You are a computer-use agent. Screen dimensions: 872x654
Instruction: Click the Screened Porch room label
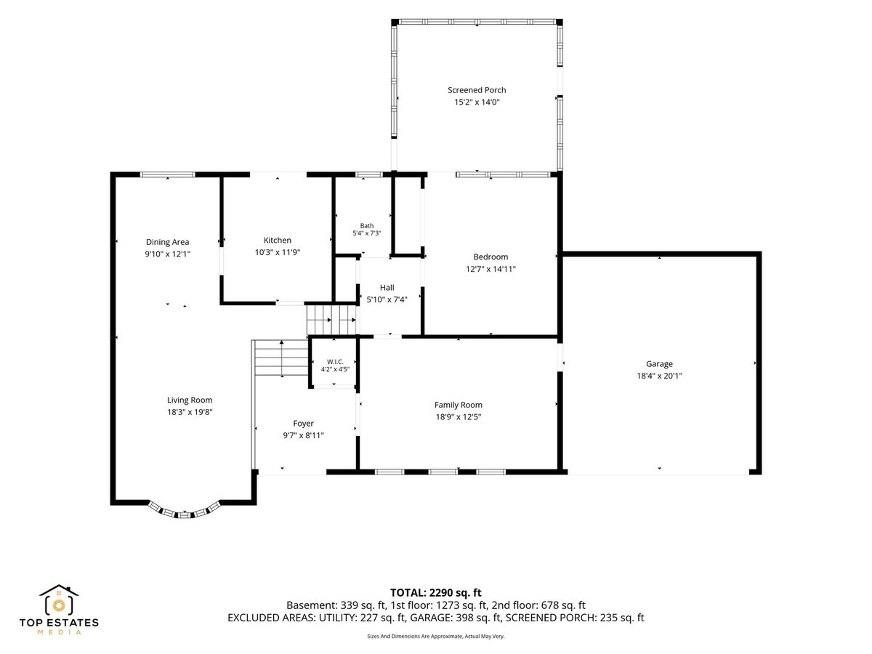point(476,90)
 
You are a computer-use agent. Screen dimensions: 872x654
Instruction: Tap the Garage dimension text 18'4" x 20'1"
point(659,376)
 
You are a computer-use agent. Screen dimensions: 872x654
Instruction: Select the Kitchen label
point(278,241)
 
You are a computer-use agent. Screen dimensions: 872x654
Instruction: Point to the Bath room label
point(367,225)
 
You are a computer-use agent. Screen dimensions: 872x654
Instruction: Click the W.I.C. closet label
point(335,362)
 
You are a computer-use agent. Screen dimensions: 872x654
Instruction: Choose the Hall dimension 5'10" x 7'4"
point(387,299)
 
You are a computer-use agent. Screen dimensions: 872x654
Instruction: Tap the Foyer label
point(303,424)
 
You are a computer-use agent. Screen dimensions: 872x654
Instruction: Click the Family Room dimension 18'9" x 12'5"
point(458,416)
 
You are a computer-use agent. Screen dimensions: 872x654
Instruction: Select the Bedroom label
point(490,257)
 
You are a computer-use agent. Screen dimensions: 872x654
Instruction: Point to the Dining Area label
point(167,242)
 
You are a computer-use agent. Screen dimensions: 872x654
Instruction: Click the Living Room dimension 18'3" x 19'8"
point(190,412)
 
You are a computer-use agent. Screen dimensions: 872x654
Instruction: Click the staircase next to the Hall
point(331,320)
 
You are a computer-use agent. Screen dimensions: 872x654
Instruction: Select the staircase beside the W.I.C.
point(281,358)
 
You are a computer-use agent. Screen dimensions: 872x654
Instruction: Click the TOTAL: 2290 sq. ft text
point(435,593)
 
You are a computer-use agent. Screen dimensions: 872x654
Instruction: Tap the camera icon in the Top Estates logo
point(59,605)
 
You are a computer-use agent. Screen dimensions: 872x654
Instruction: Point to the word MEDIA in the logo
point(59,632)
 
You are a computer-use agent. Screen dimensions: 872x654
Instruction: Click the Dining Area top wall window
point(167,174)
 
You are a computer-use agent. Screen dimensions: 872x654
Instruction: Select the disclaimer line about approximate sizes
point(435,636)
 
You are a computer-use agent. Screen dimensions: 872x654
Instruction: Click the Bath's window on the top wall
point(368,174)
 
